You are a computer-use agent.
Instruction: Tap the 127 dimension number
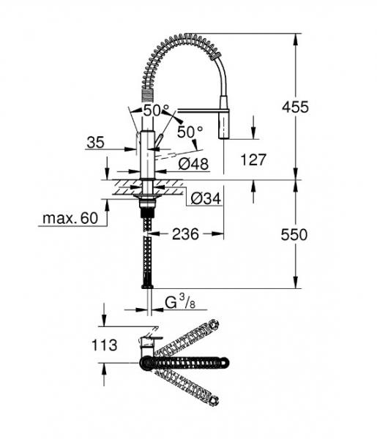[253, 158]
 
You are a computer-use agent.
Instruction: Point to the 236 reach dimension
[186, 234]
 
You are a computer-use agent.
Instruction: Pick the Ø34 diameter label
[206, 198]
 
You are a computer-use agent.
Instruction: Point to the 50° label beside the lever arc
[189, 132]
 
